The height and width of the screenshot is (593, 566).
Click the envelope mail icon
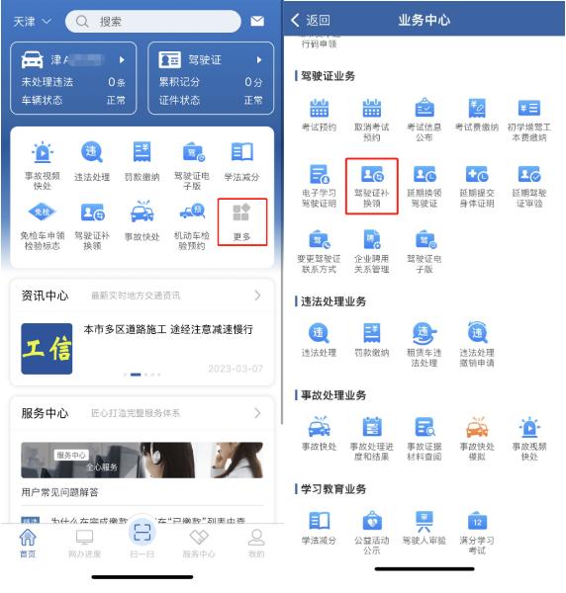pyautogui.click(x=257, y=21)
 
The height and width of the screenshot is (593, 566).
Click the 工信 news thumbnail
pyautogui.click(x=47, y=349)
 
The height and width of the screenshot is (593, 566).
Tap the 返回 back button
pyautogui.click(x=311, y=20)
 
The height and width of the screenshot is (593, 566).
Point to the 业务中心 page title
pyautogui.click(x=424, y=20)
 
